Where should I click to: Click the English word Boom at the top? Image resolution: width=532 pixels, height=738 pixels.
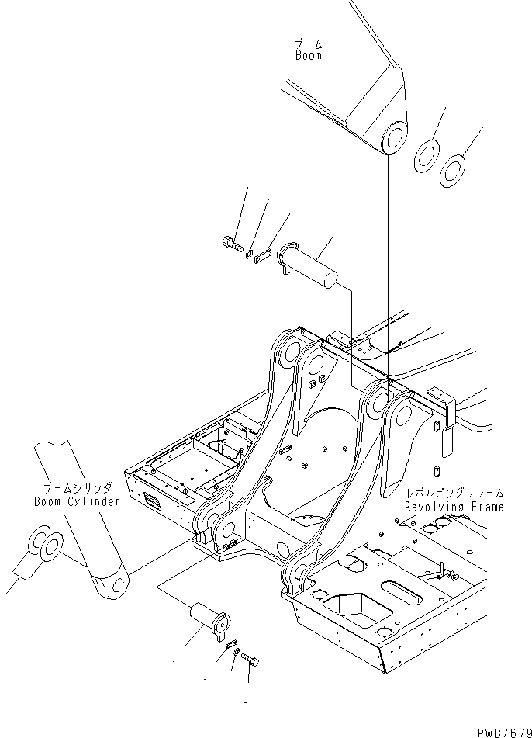tap(308, 56)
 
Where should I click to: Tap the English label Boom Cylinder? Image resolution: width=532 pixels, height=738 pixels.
tap(77, 501)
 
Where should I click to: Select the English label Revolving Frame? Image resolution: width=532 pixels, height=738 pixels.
tap(454, 507)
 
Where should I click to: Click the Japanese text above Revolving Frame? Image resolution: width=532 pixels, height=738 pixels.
tap(454, 494)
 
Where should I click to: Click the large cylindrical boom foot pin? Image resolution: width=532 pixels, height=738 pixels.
tap(313, 267)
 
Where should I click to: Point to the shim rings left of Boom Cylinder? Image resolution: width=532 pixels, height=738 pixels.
tap(45, 546)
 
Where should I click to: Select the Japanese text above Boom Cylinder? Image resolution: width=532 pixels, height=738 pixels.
tap(77, 488)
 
